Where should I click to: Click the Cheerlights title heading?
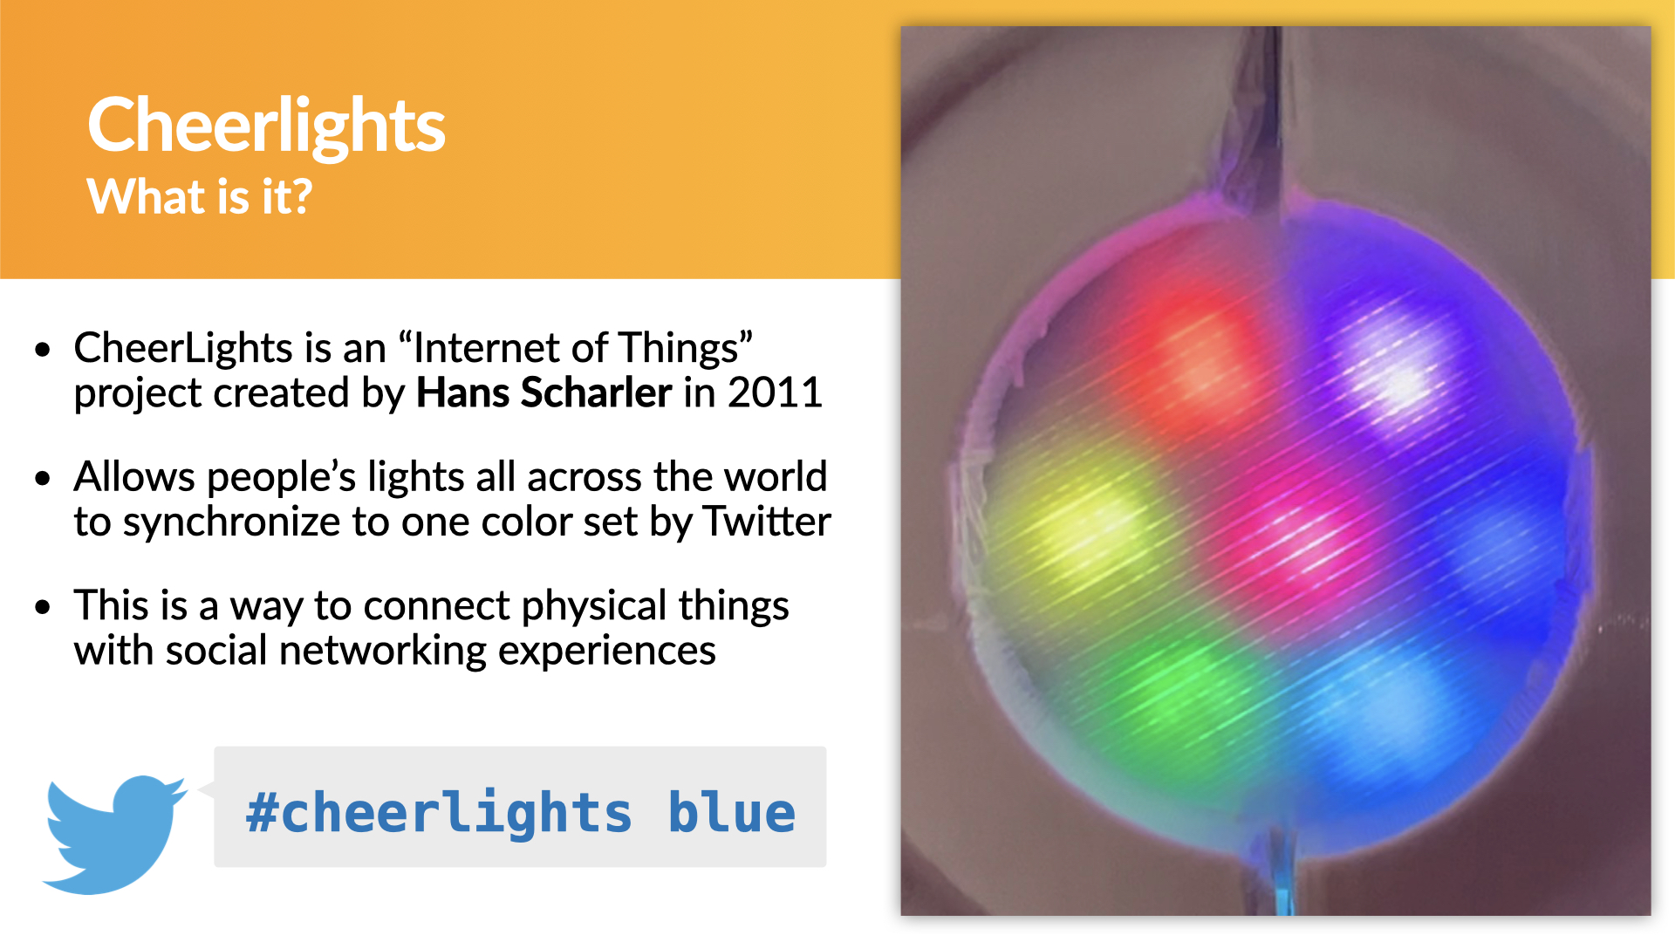click(x=266, y=126)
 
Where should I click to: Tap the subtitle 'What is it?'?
click(x=200, y=196)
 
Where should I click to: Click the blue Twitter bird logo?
click(x=114, y=834)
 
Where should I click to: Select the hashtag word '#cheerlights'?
click(x=439, y=814)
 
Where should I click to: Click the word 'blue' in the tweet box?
click(x=732, y=812)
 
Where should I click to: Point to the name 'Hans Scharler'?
click(x=544, y=392)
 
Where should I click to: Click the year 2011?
click(x=776, y=392)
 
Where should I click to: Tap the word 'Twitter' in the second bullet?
click(x=768, y=522)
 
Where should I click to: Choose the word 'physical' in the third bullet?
click(x=594, y=607)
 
